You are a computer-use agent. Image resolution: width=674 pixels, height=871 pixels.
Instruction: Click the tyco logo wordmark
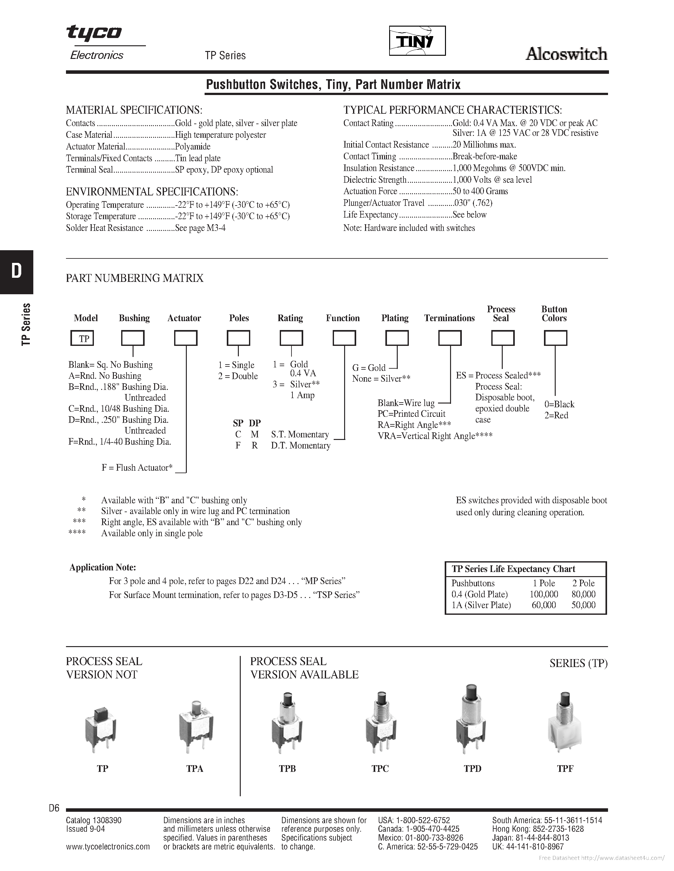point(94,33)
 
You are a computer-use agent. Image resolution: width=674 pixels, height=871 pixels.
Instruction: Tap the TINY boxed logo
point(417,41)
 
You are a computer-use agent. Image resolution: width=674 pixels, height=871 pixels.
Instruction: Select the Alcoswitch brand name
point(566,54)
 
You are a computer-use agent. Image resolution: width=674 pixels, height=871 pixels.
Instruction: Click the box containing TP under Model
point(82,339)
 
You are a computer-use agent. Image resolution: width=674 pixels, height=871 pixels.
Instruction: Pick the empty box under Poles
point(239,338)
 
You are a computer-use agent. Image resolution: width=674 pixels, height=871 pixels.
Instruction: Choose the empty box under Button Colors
point(555,338)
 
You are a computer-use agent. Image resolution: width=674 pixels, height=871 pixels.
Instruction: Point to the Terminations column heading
point(449,318)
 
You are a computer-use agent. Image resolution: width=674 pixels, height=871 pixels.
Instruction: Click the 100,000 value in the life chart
point(543,594)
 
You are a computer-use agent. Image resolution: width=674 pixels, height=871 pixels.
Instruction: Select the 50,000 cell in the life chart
point(583,605)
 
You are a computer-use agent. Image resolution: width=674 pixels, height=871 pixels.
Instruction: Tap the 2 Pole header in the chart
point(583,583)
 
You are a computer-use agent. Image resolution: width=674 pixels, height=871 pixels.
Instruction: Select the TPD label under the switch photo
point(472,768)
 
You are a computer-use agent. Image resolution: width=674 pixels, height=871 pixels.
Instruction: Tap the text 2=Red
point(556,415)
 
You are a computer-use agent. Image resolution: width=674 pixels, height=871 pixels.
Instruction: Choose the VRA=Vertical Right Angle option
point(435,436)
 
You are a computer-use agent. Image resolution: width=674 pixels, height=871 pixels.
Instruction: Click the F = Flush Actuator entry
point(137,468)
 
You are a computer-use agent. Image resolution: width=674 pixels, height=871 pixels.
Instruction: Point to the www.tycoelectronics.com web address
point(108,846)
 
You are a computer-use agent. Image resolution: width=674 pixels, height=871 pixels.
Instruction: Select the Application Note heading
point(103,568)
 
